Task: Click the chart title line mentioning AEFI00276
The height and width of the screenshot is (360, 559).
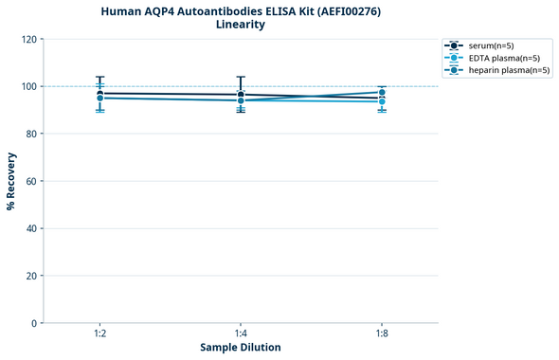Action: tap(241, 10)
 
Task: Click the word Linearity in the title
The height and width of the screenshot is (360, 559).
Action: tap(241, 25)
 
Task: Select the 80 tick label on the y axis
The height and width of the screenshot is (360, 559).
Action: tap(31, 134)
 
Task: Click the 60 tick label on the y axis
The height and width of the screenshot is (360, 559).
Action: tap(31, 181)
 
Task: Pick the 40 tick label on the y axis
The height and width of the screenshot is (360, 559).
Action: tap(31, 228)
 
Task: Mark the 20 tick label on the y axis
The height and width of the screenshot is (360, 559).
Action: tap(31, 276)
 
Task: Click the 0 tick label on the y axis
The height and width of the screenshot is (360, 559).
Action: tap(34, 323)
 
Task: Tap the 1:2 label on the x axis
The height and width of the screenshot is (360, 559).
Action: tap(99, 333)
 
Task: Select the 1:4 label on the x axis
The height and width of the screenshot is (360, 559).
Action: tap(241, 333)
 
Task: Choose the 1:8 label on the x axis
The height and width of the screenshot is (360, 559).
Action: tap(382, 333)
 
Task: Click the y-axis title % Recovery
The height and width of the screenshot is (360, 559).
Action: tap(11, 181)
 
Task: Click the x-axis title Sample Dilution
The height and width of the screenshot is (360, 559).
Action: tap(241, 348)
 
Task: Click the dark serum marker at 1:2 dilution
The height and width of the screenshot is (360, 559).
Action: tap(99, 94)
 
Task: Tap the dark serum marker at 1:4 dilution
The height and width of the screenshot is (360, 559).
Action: tap(241, 95)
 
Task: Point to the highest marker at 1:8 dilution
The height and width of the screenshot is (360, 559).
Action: tap(382, 93)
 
